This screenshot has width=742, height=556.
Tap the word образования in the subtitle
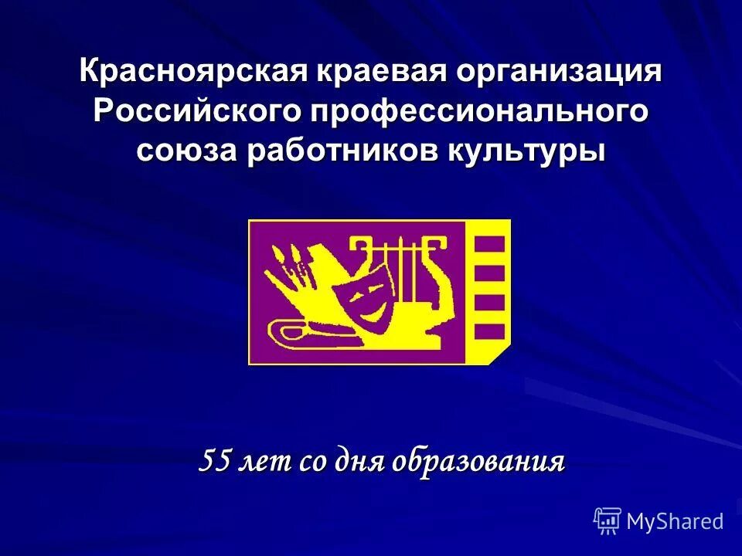478,462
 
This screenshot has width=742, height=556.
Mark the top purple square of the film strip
489,244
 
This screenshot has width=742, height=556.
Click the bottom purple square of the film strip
489,331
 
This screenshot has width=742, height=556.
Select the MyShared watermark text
675,521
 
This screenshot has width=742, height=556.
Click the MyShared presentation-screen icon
608,521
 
